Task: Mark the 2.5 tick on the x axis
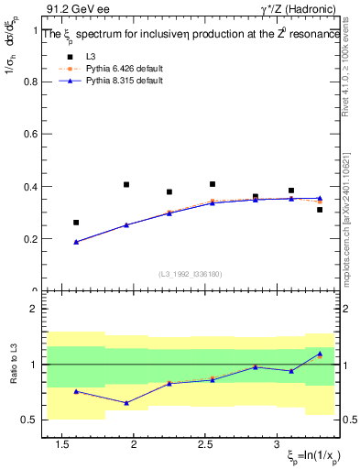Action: point(205,445)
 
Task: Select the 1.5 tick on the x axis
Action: point(63,445)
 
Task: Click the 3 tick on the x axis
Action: point(277,445)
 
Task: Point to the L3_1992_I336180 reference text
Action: point(189,274)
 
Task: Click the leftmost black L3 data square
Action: point(76,223)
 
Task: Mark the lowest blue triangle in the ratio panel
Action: point(126,402)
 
